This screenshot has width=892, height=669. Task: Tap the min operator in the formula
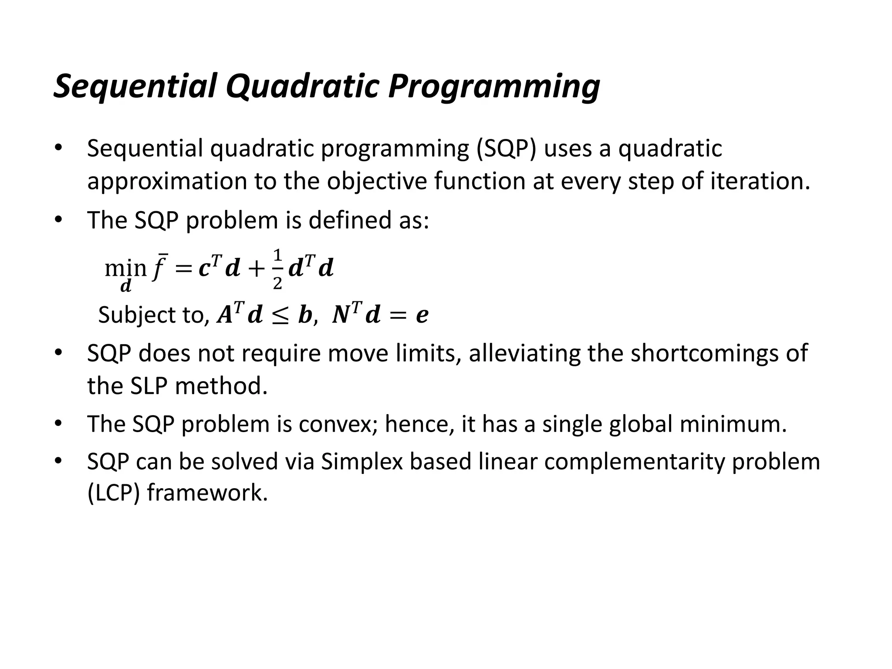click(x=125, y=268)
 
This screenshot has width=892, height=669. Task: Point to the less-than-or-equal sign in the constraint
click(x=280, y=315)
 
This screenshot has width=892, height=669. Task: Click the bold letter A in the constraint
click(x=225, y=315)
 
